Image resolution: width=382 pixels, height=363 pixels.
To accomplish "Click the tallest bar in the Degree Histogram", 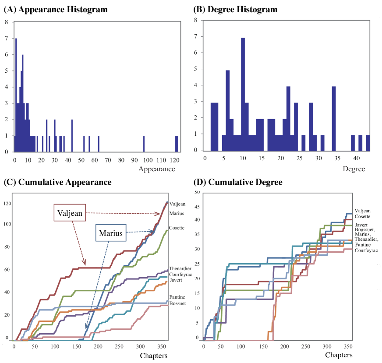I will point(243,94).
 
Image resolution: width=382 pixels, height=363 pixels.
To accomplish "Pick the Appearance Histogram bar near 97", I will point(144,144).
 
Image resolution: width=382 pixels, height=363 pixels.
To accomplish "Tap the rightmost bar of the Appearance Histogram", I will point(177,144).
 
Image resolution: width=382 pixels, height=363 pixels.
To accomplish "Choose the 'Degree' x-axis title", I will point(354,169).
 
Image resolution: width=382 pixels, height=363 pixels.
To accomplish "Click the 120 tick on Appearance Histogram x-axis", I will point(174,160).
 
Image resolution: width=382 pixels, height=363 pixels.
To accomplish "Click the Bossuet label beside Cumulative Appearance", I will point(177,303).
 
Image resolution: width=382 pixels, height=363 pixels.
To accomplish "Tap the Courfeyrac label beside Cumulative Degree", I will point(366,251).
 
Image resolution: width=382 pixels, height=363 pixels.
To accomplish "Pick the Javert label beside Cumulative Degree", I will point(361,225).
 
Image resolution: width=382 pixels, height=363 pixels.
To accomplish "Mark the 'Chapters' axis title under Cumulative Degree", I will point(338,355).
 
